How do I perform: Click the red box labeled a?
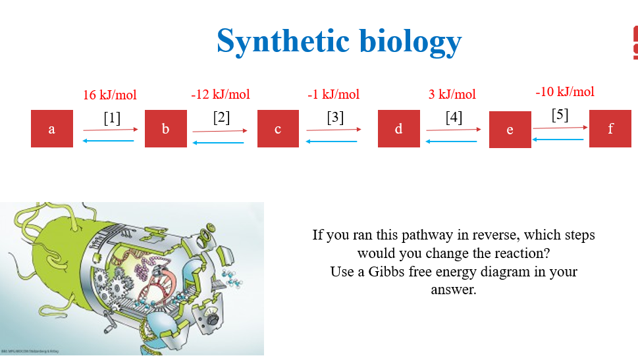(52, 129)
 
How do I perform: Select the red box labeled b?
(165, 129)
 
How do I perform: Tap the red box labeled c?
(278, 129)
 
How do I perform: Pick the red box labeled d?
(398, 129)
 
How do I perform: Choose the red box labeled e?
(510, 130)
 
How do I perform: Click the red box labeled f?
(610, 129)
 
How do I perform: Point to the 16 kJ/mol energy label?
(110, 95)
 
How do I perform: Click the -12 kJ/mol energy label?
(221, 94)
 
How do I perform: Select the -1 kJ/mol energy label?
(333, 94)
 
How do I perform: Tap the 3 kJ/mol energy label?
(452, 94)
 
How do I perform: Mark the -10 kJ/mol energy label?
(565, 91)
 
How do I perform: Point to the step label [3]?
(335, 118)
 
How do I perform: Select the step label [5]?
(560, 115)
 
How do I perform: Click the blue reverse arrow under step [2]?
(218, 142)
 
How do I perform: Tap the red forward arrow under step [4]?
(453, 130)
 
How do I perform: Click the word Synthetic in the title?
(283, 41)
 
